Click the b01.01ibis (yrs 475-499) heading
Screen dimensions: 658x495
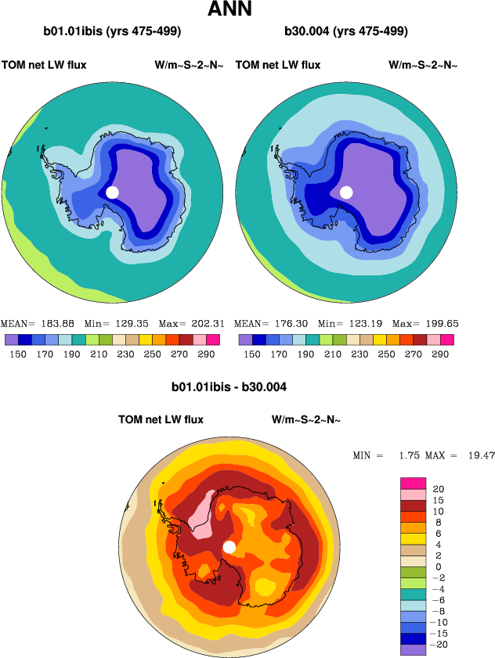[113, 32]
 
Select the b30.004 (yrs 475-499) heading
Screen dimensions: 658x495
[347, 32]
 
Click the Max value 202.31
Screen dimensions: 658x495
[208, 324]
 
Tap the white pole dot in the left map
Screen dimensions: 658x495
[112, 192]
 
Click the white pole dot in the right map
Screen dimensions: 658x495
[346, 192]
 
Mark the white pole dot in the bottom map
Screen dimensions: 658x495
[229, 547]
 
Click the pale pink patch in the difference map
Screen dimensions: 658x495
[201, 516]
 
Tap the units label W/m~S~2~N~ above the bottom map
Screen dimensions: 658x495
[306, 420]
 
